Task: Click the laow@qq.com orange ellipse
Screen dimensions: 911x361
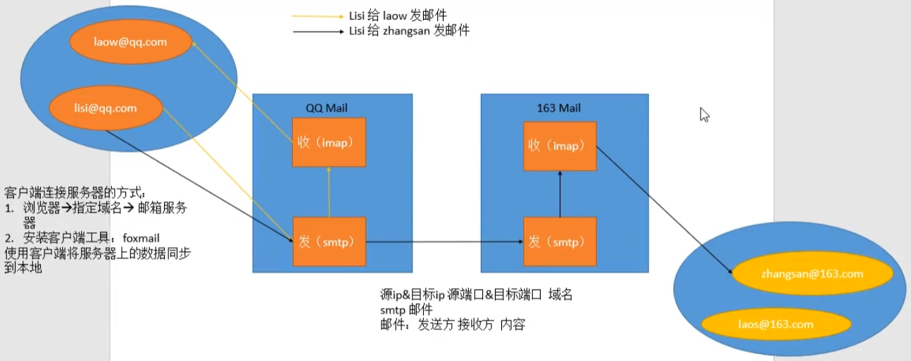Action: tap(130, 42)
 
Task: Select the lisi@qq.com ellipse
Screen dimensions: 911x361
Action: tap(106, 108)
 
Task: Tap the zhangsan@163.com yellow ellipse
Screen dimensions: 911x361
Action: tap(812, 274)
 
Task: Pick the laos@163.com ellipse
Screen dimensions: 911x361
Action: tap(776, 324)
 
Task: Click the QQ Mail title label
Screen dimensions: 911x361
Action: tap(327, 108)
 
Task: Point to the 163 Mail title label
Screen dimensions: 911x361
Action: tap(559, 108)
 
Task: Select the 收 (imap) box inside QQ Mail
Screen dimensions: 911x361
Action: tap(329, 142)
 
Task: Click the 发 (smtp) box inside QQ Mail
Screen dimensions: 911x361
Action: tap(329, 241)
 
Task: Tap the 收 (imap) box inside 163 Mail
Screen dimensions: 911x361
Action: tap(560, 146)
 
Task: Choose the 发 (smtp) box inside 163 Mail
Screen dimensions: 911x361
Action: tap(560, 241)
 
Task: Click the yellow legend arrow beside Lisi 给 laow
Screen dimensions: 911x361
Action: tap(318, 17)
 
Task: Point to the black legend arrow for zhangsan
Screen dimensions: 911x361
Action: tap(318, 32)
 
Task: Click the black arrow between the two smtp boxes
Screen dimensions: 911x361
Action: tap(444, 241)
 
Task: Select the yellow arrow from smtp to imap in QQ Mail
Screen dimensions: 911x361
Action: tap(329, 192)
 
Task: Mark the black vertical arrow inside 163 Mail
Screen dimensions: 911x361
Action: tap(560, 194)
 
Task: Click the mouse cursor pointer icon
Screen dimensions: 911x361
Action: tap(704, 115)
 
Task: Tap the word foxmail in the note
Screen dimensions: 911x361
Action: tap(141, 239)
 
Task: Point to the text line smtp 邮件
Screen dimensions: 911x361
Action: tap(406, 310)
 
